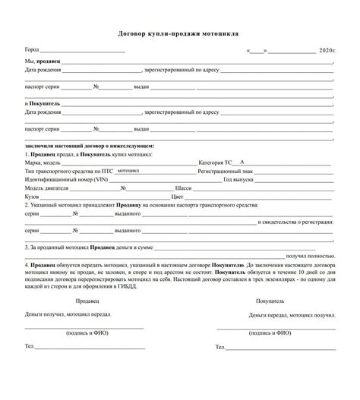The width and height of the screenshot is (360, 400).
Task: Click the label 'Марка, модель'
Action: pyautogui.click(x=43, y=162)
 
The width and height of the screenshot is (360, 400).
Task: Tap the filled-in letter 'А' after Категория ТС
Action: pyautogui.click(x=241, y=162)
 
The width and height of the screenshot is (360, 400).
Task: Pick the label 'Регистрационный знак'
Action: pyautogui.click(x=223, y=172)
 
